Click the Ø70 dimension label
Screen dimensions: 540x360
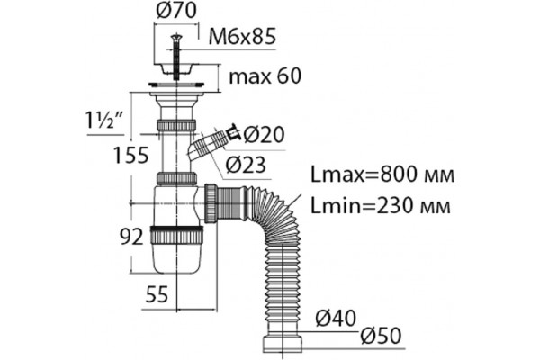coord(176,10)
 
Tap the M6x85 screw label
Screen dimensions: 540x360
coord(242,37)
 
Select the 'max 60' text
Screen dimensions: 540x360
coord(265,76)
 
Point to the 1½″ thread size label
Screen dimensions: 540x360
coord(105,121)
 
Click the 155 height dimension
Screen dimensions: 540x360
coord(131,155)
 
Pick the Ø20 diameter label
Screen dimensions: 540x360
coord(264,134)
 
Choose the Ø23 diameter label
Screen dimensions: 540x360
coord(246,165)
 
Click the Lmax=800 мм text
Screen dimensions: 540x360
coord(382,175)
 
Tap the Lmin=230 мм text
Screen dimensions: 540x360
coord(381,206)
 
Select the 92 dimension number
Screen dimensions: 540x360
coord(131,237)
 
